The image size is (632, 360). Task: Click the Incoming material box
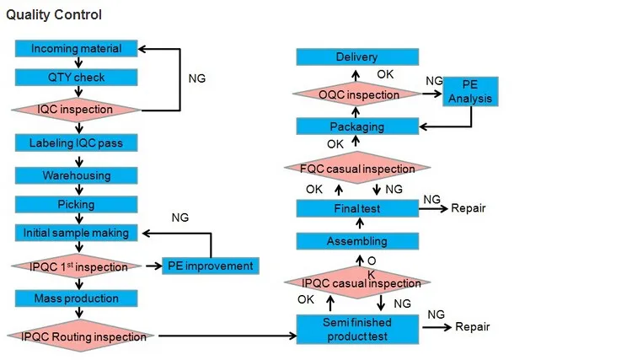[76, 48]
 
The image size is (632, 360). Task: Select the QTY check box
[76, 77]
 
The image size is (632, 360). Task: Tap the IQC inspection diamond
[76, 110]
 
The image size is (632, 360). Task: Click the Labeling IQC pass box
[76, 143]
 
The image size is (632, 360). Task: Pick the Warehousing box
[76, 175]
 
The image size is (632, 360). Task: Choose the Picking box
[76, 204]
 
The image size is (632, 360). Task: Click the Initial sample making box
[76, 233]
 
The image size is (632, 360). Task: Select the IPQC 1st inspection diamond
[76, 266]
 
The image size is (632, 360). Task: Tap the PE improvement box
[211, 266]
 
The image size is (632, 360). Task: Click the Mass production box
[76, 298]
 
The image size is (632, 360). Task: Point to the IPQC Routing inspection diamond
[81, 336]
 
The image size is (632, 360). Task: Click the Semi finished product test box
[357, 330]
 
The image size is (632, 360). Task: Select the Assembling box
[357, 241]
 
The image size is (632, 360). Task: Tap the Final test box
[357, 209]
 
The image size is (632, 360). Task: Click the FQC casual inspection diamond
[357, 168]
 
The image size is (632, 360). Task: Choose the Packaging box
[357, 126]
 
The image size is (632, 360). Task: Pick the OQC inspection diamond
[357, 94]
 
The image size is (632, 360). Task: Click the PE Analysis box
[470, 92]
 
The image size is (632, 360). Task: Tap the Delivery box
[357, 56]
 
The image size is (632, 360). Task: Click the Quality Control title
[54, 15]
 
